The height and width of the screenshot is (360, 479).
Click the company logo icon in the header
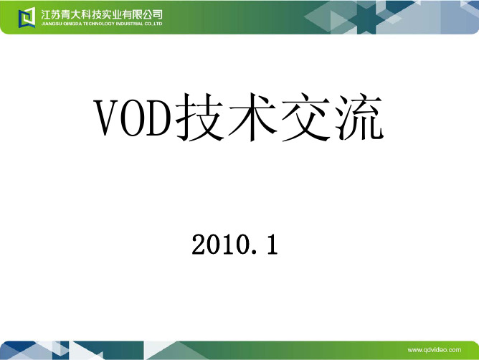[27, 17]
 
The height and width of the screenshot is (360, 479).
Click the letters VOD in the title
[133, 118]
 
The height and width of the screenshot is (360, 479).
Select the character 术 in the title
[252, 118]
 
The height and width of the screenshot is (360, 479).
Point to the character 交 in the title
[305, 118]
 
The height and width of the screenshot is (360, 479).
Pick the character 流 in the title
[359, 117]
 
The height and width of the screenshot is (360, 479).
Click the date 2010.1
[234, 244]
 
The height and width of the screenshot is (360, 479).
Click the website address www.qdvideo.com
[435, 350]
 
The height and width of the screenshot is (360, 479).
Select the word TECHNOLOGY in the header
[98, 24]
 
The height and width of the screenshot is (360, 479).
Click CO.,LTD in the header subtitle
[153, 24]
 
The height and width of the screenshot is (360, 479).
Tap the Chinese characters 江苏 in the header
[51, 14]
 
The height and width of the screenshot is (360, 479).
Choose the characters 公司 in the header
[153, 14]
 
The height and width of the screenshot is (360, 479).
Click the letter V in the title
[105, 118]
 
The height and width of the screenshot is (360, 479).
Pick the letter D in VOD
[159, 118]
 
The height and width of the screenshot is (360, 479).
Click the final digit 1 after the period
[272, 244]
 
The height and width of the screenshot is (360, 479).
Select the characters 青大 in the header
[71, 14]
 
